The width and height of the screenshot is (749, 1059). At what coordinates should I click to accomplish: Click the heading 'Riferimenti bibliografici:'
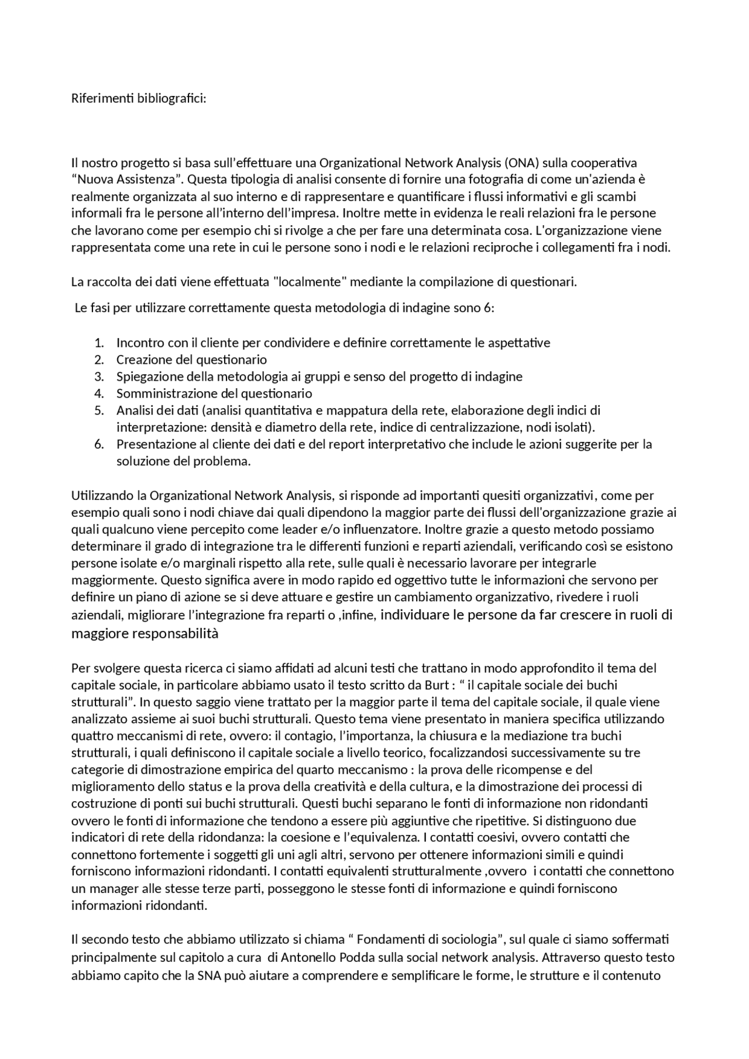[x=139, y=98]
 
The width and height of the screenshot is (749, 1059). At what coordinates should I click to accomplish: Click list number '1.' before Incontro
[x=99, y=343]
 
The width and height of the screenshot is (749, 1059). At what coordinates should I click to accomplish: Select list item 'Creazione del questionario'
[x=191, y=360]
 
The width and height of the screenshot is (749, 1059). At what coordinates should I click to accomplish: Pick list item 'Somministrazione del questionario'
[x=214, y=394]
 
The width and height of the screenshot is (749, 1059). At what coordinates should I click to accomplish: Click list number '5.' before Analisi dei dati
[x=99, y=411]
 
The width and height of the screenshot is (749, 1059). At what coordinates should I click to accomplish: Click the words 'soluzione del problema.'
[x=183, y=461]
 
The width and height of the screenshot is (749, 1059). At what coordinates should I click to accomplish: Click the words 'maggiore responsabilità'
[x=145, y=633]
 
